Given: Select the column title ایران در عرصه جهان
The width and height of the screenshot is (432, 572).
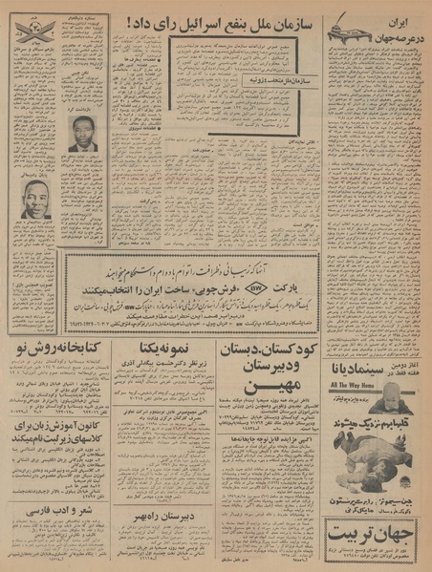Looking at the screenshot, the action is [391, 27].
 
